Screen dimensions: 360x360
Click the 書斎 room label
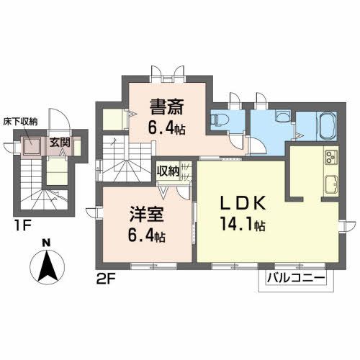[x=166, y=106]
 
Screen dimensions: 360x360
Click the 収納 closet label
[x=168, y=171]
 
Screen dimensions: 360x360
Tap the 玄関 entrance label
[x=59, y=142]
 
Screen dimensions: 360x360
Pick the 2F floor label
[x=105, y=277]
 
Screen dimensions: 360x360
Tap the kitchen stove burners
[x=331, y=157]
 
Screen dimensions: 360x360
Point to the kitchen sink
[x=332, y=182]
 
